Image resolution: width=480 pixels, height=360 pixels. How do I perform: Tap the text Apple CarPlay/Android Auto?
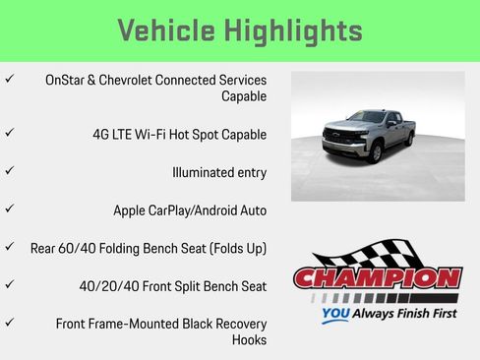coord(190,210)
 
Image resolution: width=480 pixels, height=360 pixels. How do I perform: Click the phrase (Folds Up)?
coord(231,248)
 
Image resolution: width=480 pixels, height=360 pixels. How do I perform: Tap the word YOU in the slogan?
coord(337,316)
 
